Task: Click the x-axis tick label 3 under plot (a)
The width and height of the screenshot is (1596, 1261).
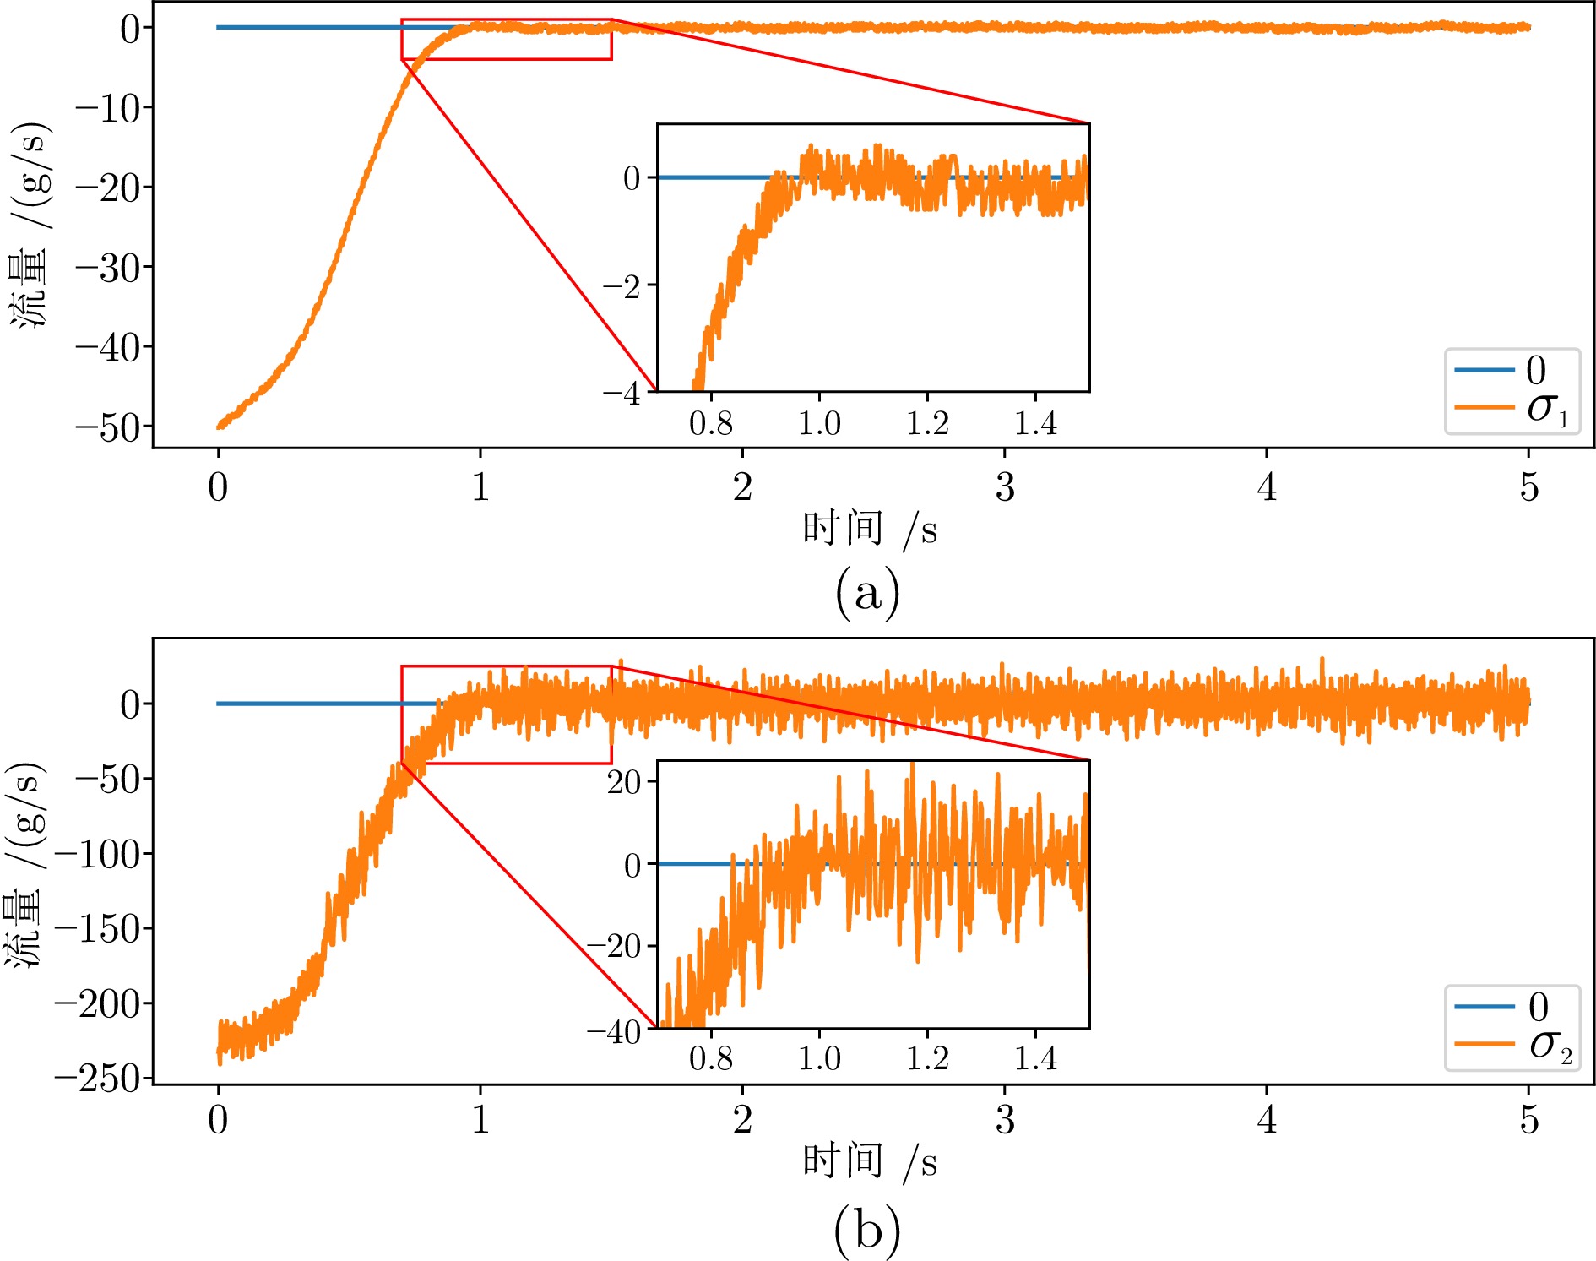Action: pos(1004,487)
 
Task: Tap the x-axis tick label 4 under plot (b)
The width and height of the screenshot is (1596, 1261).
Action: pos(1266,1120)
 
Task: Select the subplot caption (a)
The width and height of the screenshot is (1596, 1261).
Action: pos(867,594)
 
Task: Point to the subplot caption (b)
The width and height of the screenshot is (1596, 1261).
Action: pos(867,1231)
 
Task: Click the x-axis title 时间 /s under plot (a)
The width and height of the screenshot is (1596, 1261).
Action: pos(869,530)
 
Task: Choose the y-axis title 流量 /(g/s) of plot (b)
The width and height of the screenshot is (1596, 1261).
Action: pos(25,865)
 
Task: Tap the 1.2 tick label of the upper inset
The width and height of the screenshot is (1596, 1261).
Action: pos(927,424)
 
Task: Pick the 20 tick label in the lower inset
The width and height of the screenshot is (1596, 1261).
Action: pos(624,781)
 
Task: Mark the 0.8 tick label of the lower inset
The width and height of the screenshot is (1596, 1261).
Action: pos(711,1058)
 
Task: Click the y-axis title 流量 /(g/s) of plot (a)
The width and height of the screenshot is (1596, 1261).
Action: pos(30,226)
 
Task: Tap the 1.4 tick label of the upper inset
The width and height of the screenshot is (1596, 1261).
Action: pos(1035,424)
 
